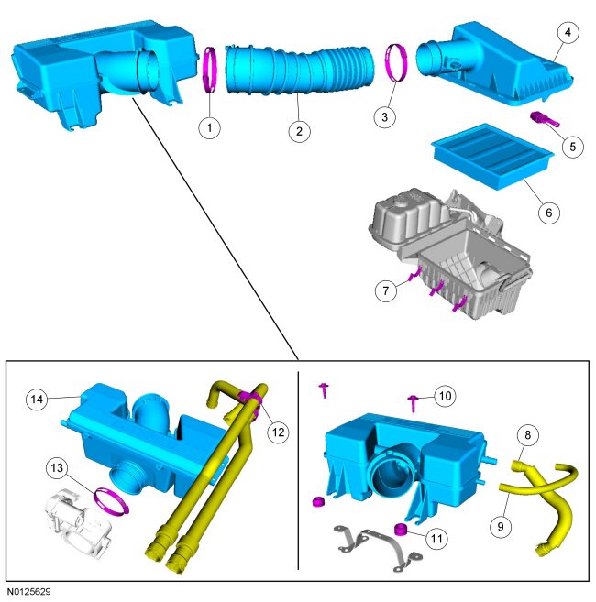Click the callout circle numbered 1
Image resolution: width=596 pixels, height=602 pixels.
tap(209, 127)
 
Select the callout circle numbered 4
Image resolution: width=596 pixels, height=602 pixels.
tap(568, 33)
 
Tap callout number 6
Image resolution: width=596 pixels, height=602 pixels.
tap(548, 213)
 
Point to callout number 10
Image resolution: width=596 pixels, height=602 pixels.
tap(445, 396)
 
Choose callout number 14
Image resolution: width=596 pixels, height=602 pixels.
tap(37, 400)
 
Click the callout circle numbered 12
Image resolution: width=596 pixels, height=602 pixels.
tap(278, 432)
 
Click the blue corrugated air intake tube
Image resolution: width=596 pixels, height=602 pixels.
tap(299, 71)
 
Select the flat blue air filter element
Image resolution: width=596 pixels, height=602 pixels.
tap(492, 157)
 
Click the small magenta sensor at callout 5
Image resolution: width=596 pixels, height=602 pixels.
tap(545, 119)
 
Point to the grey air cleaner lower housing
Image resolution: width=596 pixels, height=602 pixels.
tap(450, 254)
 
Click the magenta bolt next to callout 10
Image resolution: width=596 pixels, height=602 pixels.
tap(413, 403)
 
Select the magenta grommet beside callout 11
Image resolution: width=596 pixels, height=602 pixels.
tap(401, 530)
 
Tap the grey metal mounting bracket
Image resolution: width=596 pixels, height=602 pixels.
tap(378, 547)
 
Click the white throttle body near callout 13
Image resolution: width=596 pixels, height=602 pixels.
tap(79, 522)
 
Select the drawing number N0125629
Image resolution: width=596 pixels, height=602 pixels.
tap(28, 592)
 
